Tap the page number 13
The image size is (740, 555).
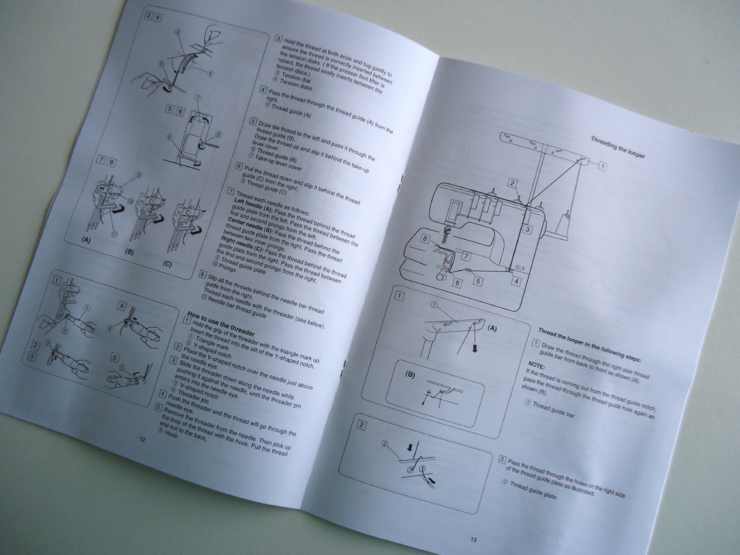474,539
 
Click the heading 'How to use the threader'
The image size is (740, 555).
220,319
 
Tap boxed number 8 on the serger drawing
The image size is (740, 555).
425,240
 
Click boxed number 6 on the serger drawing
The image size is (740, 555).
457,283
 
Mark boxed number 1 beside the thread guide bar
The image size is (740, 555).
602,166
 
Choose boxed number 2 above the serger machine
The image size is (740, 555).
514,184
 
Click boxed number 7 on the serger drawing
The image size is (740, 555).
466,257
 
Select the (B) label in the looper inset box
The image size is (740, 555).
410,375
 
